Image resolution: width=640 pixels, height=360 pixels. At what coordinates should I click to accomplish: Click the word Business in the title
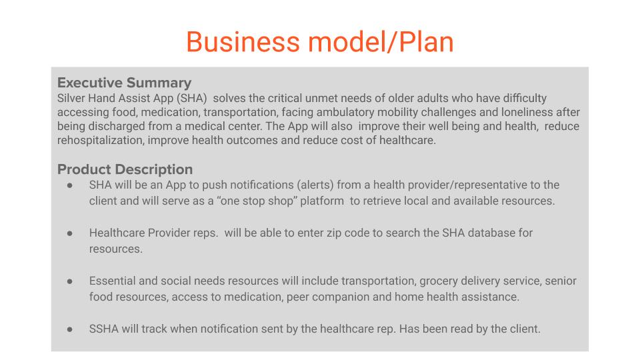243,42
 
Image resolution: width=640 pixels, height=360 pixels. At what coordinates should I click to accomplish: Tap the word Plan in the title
426,42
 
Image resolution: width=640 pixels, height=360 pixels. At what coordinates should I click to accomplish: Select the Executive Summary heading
124,83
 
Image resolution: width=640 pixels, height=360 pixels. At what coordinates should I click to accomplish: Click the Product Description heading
125,169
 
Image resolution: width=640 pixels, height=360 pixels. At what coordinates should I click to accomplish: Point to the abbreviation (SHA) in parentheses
192,99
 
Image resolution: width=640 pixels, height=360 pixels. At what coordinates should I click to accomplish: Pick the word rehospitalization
101,141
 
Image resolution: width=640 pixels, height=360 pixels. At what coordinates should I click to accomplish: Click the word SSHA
104,329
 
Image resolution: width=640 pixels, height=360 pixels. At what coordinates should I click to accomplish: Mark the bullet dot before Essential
70,281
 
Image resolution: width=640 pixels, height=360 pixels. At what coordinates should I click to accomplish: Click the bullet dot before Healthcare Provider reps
70,233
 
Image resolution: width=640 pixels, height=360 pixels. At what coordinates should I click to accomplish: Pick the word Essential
112,281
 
